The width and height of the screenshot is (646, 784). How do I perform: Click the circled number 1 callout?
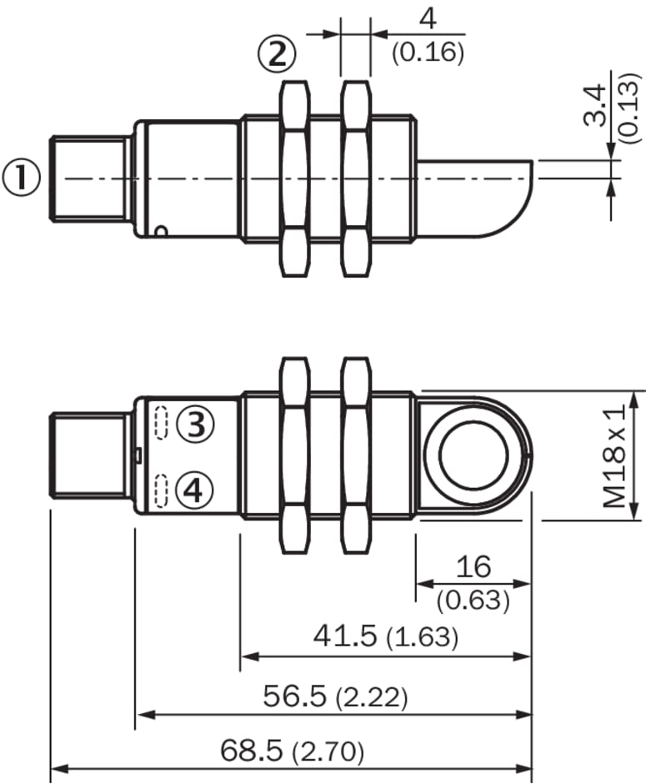click(x=21, y=178)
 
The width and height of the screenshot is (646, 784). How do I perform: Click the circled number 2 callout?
click(x=277, y=54)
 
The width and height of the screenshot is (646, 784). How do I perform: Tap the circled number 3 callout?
click(x=195, y=425)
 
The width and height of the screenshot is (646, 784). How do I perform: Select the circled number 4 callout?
click(x=195, y=490)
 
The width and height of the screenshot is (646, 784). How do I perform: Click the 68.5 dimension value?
click(x=251, y=750)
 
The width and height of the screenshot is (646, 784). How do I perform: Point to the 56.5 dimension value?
click(x=295, y=696)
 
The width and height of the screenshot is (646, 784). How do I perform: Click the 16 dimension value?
click(x=473, y=566)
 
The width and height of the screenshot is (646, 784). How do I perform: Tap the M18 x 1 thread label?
click(x=614, y=456)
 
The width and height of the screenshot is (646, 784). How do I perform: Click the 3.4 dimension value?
click(x=594, y=105)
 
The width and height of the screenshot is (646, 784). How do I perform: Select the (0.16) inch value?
click(x=428, y=53)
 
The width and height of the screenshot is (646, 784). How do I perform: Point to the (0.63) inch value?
click(x=473, y=601)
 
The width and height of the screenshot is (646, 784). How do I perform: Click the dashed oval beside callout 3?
click(x=160, y=423)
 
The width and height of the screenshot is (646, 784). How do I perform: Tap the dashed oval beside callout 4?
click(x=160, y=490)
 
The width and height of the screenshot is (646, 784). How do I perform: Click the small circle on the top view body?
click(x=161, y=231)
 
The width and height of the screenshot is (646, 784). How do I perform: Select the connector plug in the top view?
click(x=90, y=178)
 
